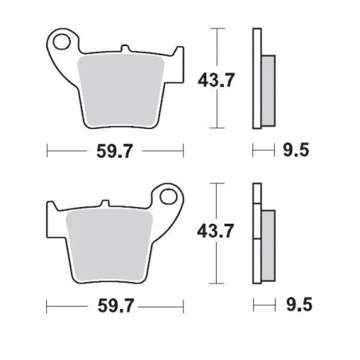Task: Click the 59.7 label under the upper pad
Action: click(x=115, y=149)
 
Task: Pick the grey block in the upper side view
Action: click(x=267, y=88)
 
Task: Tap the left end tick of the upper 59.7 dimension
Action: click(x=48, y=149)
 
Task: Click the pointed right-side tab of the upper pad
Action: click(x=180, y=53)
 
